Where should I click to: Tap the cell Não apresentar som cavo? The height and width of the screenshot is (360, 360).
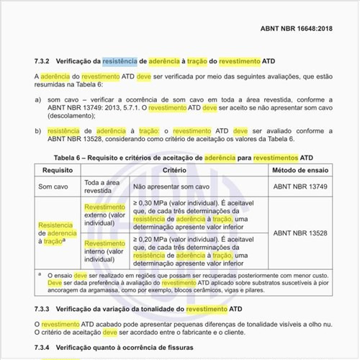[171, 186]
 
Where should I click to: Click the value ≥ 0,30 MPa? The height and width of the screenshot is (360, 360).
[158, 204]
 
